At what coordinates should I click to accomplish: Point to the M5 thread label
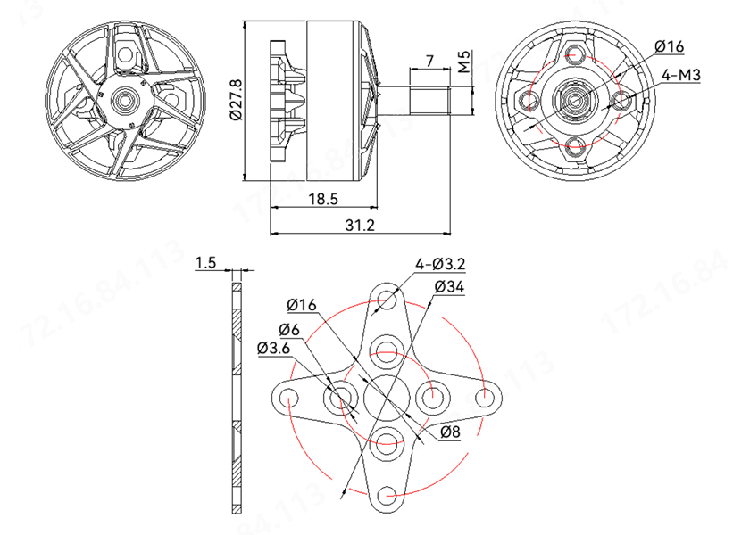(x=464, y=62)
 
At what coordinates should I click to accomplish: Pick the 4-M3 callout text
(x=681, y=76)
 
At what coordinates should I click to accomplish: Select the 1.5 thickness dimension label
(x=206, y=262)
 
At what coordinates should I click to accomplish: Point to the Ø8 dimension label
(x=450, y=432)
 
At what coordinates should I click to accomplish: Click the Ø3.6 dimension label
(x=272, y=348)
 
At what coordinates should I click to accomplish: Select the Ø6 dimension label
(x=288, y=328)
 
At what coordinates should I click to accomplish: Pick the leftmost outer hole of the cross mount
(x=290, y=397)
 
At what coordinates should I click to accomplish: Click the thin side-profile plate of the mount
(x=237, y=397)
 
